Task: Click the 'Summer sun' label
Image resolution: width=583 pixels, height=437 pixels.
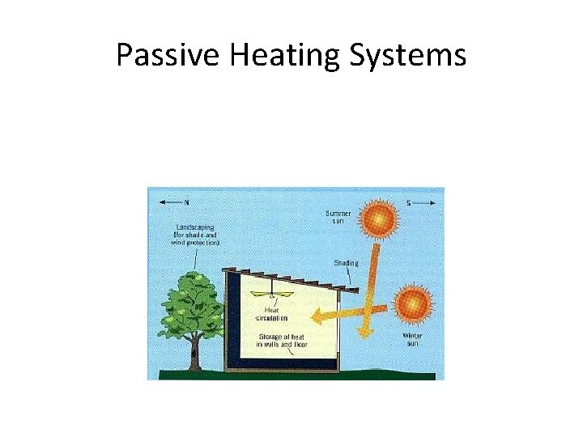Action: click(338, 217)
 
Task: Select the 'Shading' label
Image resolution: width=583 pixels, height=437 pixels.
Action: click(346, 262)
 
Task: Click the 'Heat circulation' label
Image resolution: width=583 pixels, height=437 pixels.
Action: click(273, 315)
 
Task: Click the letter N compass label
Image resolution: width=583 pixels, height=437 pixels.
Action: click(187, 202)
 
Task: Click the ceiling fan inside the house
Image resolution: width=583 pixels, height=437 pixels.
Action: click(273, 295)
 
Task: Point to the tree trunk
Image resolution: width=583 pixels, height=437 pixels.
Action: click(194, 354)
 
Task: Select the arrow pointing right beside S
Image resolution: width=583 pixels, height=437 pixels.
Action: click(428, 202)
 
